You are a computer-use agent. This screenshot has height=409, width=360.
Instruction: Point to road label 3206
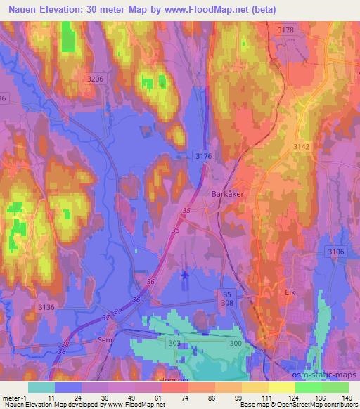point(96,79)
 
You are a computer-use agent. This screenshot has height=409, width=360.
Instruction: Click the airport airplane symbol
point(184,275)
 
